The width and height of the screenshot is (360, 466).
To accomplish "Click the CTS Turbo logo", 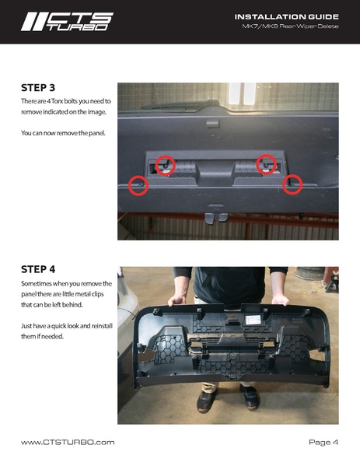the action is coord(67,22).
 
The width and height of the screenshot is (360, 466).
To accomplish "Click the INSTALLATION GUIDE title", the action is coord(287,17).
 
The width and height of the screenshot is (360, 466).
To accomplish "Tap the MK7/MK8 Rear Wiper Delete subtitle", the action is coord(290,26).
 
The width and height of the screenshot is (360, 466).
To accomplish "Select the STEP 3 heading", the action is coord(38,88).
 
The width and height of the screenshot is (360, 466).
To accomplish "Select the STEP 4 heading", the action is coord(38,269).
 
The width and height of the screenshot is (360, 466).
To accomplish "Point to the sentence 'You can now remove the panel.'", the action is coord(63,133).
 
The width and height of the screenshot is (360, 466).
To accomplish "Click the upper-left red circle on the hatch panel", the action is coord(165,165).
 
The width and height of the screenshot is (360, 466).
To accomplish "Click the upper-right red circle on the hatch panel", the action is coord(267,164).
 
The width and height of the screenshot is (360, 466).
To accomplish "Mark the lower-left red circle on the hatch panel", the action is coord(138,186).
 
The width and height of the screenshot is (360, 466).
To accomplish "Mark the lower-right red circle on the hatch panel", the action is coord(292,184).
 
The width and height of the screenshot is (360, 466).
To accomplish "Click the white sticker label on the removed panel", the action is coord(253,320).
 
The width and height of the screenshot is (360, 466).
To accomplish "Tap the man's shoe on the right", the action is coord(250,397).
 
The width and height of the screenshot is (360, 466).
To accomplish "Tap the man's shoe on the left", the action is coord(206,401).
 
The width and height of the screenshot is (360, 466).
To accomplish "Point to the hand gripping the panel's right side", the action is coord(281,300).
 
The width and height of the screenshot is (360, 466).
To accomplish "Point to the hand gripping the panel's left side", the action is coord(177,300).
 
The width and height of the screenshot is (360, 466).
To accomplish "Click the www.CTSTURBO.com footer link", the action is coord(68,442).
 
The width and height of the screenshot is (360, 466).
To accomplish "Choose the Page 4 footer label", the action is coord(323,443).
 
